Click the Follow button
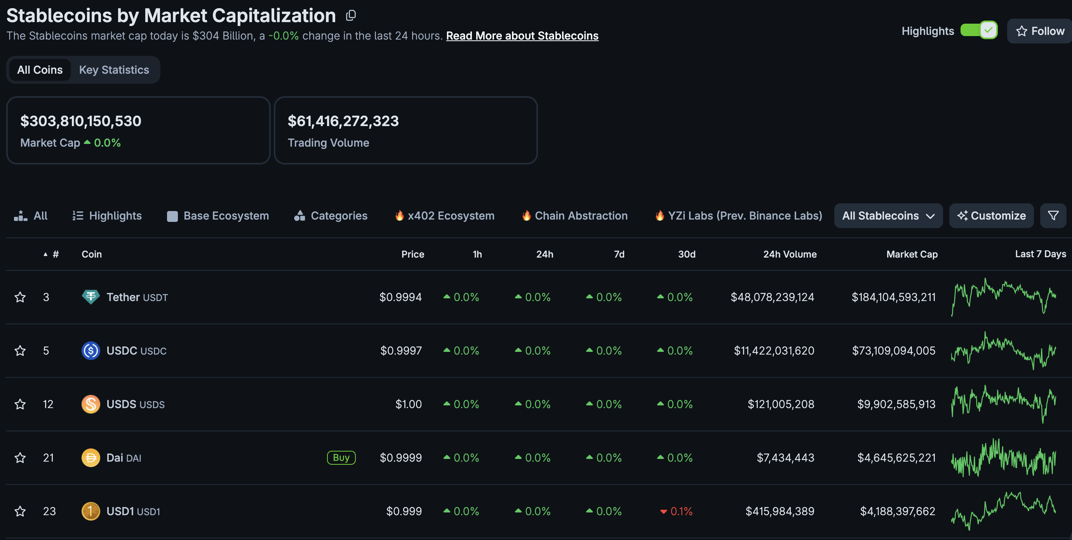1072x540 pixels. pos(1039,31)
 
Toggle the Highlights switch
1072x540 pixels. pos(979,30)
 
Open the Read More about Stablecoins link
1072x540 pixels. pos(522,36)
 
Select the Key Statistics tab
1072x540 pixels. pos(114,70)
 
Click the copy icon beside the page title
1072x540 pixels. pos(351,16)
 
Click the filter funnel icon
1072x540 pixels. pos(1053,216)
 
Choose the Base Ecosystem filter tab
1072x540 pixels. pos(218,216)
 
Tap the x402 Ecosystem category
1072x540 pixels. pos(444,216)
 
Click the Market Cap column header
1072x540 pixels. pos(912,254)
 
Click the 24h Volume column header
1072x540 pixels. pos(789,254)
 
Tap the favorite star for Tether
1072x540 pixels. pos(20,297)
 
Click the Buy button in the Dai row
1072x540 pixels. pos(341,458)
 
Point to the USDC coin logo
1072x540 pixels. pos(91,351)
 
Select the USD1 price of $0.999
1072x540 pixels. pos(404,511)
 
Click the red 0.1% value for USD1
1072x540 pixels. pos(677,511)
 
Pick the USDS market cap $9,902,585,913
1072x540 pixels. pos(896,404)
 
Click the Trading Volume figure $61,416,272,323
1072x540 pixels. pos(343,121)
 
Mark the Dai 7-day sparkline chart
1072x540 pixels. pos(1003,458)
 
